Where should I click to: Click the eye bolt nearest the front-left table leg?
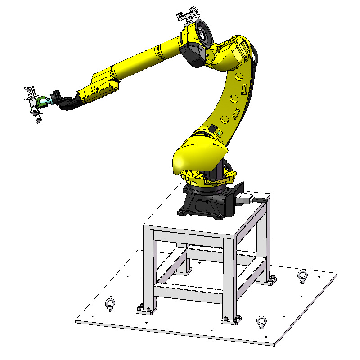[x=108, y=304]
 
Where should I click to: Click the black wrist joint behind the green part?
[x=56, y=98]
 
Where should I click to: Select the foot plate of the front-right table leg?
[x=231, y=320]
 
